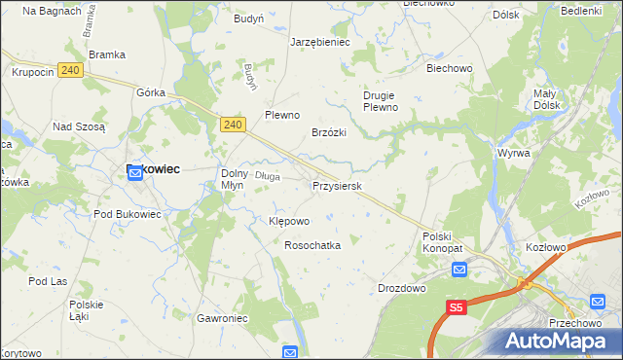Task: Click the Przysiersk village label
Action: (x=337, y=185)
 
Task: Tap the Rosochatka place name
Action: (x=311, y=245)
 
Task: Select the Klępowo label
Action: (x=288, y=221)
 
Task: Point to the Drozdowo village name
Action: (x=402, y=288)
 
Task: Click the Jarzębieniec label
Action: (x=319, y=43)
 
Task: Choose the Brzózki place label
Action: (x=330, y=132)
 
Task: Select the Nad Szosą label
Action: (x=78, y=126)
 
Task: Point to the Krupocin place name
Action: (x=32, y=72)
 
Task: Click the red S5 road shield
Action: (x=458, y=307)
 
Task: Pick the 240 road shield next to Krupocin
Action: (x=69, y=70)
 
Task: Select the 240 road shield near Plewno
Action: (x=232, y=125)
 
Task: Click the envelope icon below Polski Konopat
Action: (x=459, y=270)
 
